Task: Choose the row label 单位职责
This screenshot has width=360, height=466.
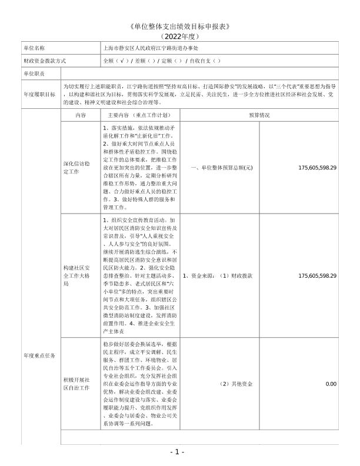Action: pyautogui.click(x=34, y=74)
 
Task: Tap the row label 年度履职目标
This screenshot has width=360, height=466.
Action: pyautogui.click(x=39, y=94)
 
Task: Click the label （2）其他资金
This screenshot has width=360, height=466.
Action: pyautogui.click(x=236, y=384)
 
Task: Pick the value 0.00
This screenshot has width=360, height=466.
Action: pyautogui.click(x=331, y=384)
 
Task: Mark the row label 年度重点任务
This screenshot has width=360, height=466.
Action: pyautogui.click(x=39, y=355)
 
